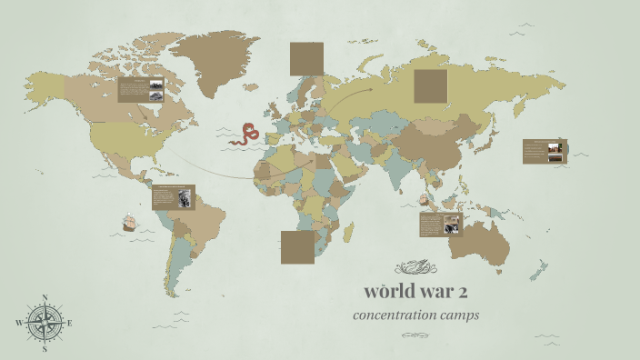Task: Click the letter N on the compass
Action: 44,297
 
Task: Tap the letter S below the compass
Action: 44,348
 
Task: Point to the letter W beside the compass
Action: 19,323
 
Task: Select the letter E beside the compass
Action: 69,323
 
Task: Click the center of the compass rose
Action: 44,323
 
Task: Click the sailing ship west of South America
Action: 129,222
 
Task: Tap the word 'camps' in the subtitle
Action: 461,315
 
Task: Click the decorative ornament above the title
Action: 415,267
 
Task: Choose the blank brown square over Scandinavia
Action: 306,59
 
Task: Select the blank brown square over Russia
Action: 430,86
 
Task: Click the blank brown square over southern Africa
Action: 297,246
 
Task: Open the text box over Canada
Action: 140,89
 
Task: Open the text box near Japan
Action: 545,151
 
